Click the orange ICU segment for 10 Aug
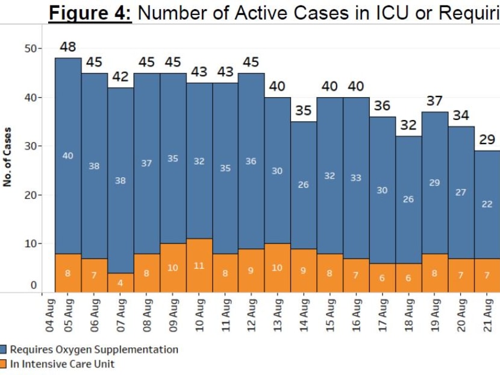click(199, 265)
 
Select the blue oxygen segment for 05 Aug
click(68, 156)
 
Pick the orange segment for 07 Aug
click(120, 283)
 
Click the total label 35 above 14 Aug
click(304, 111)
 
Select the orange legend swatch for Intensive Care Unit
click(4, 364)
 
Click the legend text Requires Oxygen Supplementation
click(94, 350)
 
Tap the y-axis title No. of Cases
click(7, 157)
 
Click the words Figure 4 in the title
click(90, 13)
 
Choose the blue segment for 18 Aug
click(408, 199)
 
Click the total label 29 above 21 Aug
click(487, 140)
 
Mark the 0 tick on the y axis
click(34, 285)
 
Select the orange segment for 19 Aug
click(435, 273)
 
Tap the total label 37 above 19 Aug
click(435, 101)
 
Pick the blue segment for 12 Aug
click(251, 161)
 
